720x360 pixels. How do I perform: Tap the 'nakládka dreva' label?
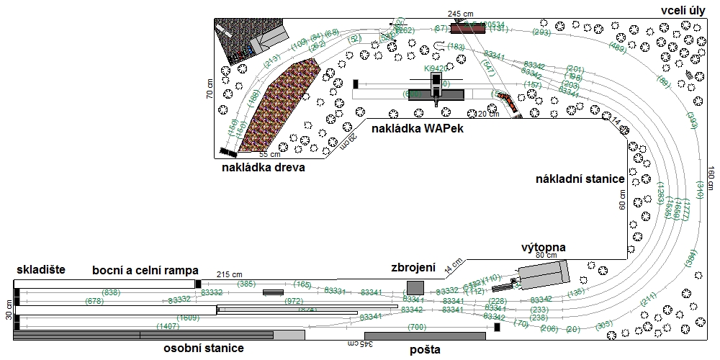[x=264, y=168]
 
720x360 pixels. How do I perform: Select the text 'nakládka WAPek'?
[x=417, y=128]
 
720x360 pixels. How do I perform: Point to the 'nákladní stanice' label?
[x=579, y=179]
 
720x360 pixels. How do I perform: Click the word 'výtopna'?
[x=544, y=247]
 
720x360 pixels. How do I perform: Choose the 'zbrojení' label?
[x=413, y=268]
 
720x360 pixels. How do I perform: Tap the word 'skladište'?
[x=40, y=270]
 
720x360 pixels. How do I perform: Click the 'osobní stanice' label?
[x=203, y=348]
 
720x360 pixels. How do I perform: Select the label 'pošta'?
[x=425, y=350]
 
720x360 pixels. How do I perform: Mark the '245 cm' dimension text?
[x=459, y=14]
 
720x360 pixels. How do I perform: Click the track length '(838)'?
[x=112, y=292]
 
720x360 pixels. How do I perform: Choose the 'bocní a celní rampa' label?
[x=145, y=270]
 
